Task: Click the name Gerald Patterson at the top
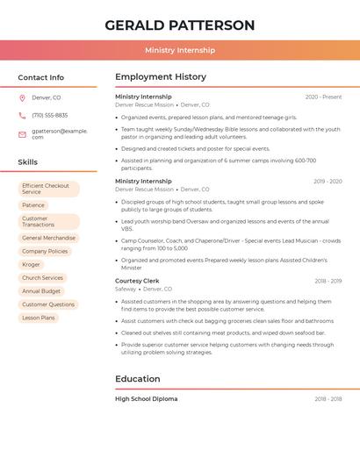179,25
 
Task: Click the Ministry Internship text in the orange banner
179,50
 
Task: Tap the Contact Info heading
40,77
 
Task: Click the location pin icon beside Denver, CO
22,97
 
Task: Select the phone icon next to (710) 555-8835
22,115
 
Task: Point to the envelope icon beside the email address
22,133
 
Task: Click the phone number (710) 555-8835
49,115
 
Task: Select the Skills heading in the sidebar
28,162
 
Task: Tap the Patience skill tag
32,204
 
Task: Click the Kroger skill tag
32,264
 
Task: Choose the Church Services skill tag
42,277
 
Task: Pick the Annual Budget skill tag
41,290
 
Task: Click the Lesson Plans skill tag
39,318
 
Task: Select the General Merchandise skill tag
48,238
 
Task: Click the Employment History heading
160,77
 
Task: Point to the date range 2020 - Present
323,97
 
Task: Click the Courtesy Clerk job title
137,281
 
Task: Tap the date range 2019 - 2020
328,182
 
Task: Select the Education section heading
138,379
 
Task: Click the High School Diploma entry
146,398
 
